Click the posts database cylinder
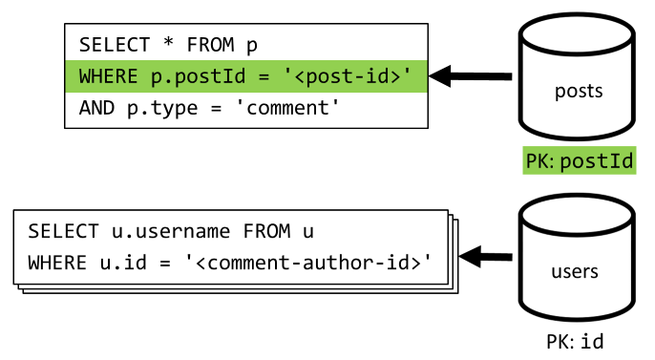(578, 81)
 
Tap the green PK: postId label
(580, 160)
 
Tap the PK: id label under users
(574, 340)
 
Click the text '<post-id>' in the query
(368, 75)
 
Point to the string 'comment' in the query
(293, 107)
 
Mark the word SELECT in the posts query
(105, 44)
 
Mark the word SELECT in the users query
(54, 231)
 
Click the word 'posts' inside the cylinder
(578, 92)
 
